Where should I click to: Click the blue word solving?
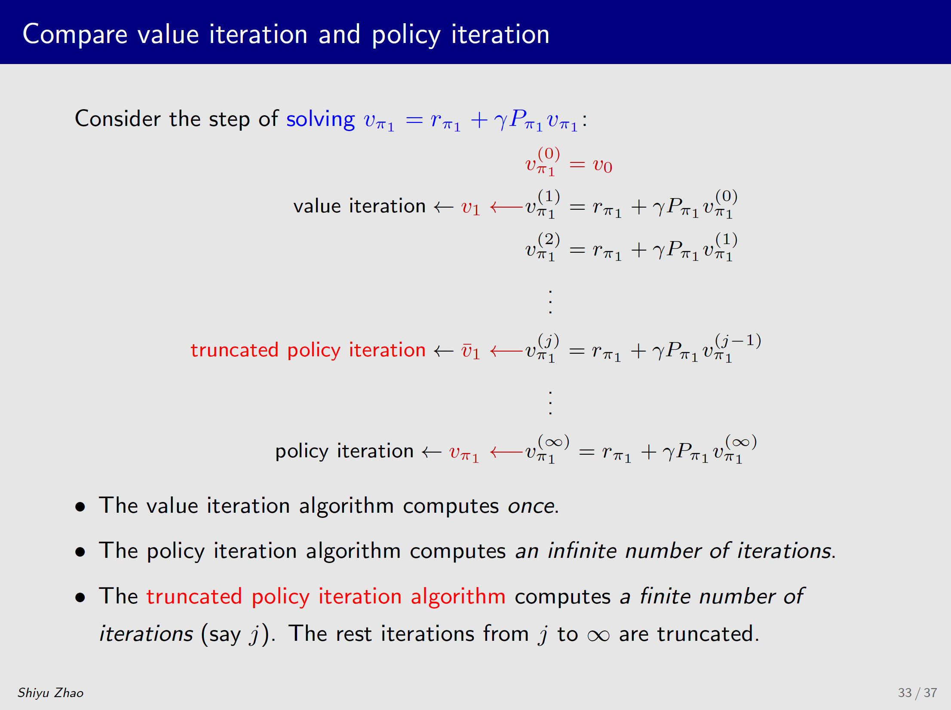(321, 119)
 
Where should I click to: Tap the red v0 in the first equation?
(602, 165)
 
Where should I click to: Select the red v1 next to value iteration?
(471, 208)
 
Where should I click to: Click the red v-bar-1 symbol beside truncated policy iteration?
(471, 351)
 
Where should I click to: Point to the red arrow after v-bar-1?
(506, 352)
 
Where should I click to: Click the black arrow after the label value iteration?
(444, 208)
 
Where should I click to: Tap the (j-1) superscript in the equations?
(738, 340)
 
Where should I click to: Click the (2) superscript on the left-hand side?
(549, 239)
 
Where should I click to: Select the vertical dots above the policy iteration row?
(550, 403)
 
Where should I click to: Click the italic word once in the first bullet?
(531, 506)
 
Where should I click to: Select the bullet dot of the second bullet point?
(80, 552)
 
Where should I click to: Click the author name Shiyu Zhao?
(50, 693)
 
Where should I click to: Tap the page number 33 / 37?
(917, 693)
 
